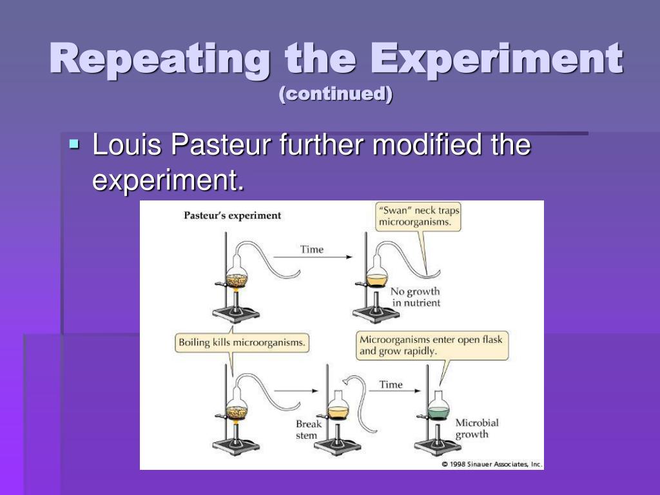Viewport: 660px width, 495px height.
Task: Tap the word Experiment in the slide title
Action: click(500, 59)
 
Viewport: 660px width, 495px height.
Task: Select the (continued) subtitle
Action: click(336, 94)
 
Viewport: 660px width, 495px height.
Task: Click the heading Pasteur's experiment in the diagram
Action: click(233, 215)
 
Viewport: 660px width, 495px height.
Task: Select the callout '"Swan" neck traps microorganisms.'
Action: click(419, 217)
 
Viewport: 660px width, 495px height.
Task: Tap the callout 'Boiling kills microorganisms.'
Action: click(242, 342)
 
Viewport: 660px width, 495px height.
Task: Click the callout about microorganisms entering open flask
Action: click(432, 345)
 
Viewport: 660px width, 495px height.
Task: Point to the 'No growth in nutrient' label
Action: click(416, 297)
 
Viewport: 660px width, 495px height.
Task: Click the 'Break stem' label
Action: click(308, 430)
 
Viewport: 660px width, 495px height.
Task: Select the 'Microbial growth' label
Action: click(477, 429)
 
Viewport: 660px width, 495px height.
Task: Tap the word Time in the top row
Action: click(312, 249)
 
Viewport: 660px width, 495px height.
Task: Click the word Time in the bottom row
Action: click(391, 385)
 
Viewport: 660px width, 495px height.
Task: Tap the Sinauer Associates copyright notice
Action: click(492, 464)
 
